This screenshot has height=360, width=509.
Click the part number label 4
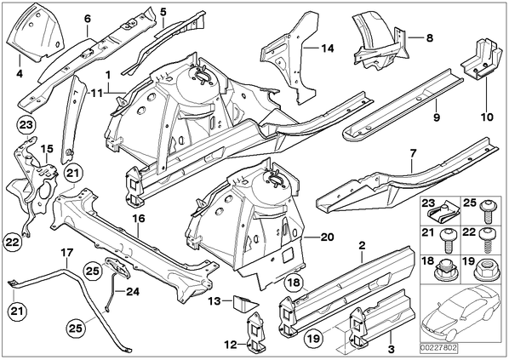(20, 74)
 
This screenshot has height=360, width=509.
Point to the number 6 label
(88, 19)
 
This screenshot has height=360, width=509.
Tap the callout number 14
(327, 49)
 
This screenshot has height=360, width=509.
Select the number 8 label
(430, 38)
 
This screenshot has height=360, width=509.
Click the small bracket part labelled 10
(480, 60)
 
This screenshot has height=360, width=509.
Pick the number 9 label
(437, 117)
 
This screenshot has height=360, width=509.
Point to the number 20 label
(327, 237)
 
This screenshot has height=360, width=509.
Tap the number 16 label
(139, 219)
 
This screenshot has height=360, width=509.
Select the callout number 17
(67, 253)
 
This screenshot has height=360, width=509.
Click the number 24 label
(133, 292)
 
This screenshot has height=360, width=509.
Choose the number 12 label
(231, 345)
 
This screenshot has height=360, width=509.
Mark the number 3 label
(392, 349)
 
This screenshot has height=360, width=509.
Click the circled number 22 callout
(12, 242)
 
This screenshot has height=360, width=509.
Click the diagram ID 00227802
(438, 348)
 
